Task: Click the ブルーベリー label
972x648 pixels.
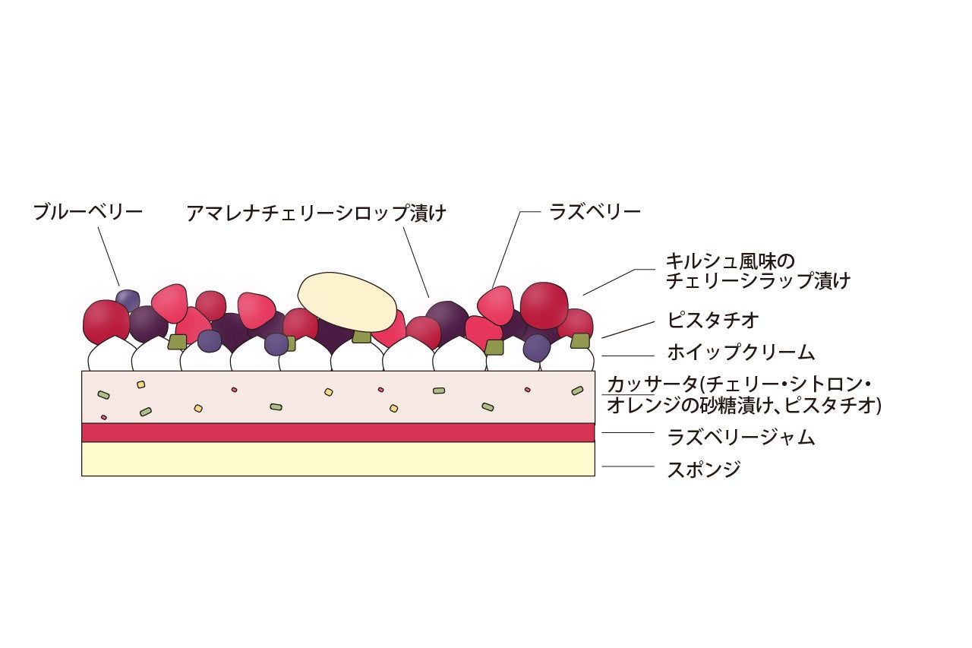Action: click(87, 212)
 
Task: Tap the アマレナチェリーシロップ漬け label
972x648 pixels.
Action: click(316, 213)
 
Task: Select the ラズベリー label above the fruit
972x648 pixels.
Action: click(595, 212)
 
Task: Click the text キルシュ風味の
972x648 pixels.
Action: click(730, 261)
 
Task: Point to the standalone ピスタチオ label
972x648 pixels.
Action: click(713, 320)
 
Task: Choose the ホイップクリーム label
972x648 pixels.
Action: click(740, 352)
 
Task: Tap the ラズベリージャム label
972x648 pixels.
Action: click(740, 437)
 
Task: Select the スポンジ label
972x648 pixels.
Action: click(703, 469)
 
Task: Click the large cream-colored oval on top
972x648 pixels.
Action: click(347, 301)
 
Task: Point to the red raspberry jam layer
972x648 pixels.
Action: click(338, 432)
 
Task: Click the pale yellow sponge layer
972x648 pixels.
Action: click(338, 459)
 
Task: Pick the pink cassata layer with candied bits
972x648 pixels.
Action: click(338, 397)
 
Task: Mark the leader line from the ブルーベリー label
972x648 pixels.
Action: click(109, 256)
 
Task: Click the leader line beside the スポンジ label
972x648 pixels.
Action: click(627, 466)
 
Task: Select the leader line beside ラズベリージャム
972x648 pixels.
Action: click(627, 433)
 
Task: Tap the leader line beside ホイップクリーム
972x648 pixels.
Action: click(627, 355)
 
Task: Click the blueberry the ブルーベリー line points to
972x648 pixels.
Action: click(128, 299)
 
